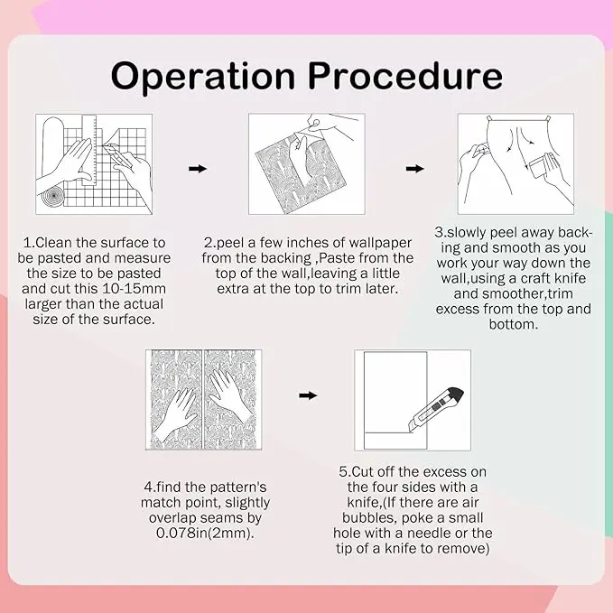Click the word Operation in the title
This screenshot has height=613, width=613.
point(203,76)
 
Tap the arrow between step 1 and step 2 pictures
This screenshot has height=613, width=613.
point(198,169)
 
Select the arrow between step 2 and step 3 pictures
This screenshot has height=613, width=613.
point(414,169)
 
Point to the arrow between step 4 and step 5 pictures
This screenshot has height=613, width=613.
point(308,395)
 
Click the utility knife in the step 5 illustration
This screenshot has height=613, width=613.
point(436,409)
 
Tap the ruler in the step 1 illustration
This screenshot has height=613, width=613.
point(89,150)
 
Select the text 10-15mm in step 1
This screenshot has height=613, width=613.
point(134,289)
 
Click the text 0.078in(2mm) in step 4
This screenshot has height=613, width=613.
point(203,533)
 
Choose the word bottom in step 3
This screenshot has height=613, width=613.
point(514,324)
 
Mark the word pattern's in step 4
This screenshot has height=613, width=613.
point(238,488)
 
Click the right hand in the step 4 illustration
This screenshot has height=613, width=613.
point(228,395)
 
